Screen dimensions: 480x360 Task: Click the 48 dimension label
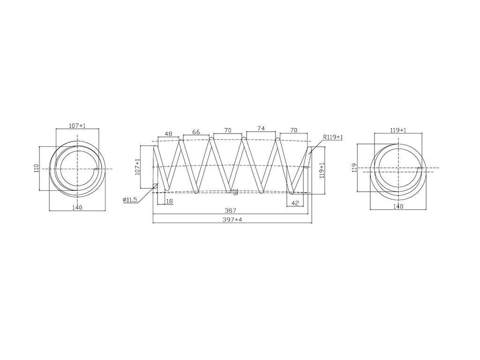click(168, 134)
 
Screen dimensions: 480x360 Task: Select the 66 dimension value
click(196, 132)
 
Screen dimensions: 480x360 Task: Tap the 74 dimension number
click(261, 128)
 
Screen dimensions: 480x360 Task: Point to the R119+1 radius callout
click(333, 137)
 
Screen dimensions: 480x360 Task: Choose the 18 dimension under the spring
click(169, 201)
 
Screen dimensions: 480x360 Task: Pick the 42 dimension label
click(295, 202)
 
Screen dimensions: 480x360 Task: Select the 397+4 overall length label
click(233, 219)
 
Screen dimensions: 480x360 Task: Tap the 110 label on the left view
click(37, 169)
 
